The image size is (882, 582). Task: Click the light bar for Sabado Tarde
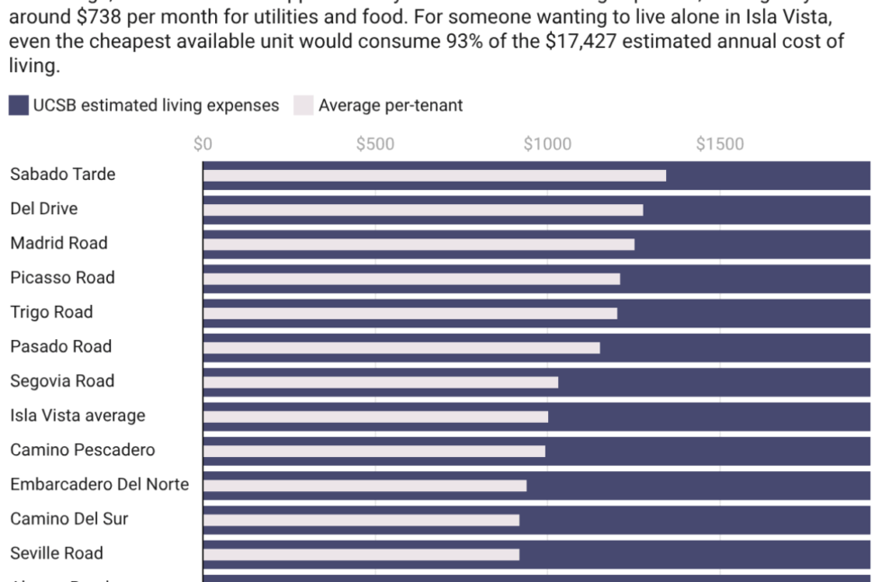coord(434,175)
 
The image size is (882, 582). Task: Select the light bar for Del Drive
coord(423,210)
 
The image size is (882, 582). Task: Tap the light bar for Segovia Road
coord(380,382)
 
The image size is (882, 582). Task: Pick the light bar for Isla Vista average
coord(375,416)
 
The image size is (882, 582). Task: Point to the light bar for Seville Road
coord(361,554)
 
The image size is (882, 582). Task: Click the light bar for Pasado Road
coord(401,348)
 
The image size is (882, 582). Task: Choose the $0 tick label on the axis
coord(202,144)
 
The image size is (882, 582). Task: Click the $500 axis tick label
coord(374,144)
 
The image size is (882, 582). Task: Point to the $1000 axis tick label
coord(547,144)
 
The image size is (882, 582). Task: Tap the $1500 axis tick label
coord(720,144)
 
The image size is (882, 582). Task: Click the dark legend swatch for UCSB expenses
coord(19,105)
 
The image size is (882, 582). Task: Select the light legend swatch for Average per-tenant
coord(303,105)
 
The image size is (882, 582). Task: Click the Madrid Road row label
coord(58,243)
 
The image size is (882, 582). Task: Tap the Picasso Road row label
coord(62,277)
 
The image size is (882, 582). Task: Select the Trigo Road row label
coord(51,312)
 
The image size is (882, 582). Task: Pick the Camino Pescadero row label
coord(83,450)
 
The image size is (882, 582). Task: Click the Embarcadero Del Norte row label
coord(99,484)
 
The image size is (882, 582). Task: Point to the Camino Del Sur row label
coord(69,519)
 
